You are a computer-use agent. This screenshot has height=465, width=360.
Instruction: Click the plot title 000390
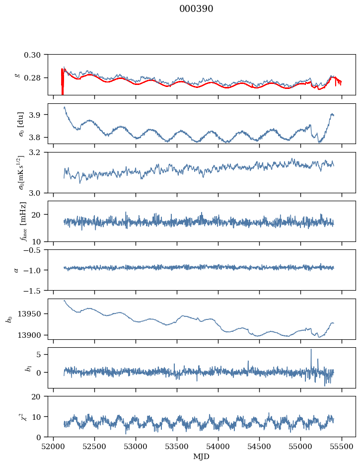196,9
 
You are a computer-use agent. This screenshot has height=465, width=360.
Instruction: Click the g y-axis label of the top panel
18,75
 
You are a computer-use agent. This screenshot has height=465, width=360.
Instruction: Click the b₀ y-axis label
8,319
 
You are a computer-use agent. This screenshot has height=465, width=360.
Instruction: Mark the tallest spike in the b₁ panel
311,349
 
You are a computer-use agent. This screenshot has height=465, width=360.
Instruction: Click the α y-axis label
17,270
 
